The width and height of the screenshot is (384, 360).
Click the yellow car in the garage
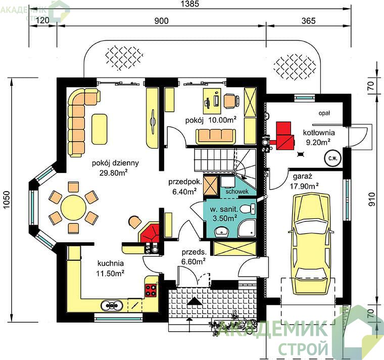pos(311,244)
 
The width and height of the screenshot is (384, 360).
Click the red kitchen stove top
pos(151,290)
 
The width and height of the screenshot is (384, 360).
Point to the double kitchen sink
pos(112,305)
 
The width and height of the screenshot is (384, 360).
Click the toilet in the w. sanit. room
pos(248,209)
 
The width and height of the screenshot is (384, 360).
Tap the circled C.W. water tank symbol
pos(333,158)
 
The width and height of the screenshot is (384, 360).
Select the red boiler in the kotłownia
pos(285,136)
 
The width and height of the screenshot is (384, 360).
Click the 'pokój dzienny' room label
pos(115,163)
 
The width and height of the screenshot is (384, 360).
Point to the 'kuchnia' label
pos(111,263)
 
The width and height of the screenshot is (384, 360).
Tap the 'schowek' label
pos(237,192)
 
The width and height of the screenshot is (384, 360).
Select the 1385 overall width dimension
pos(190,4)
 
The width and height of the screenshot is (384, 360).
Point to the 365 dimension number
pos(309,21)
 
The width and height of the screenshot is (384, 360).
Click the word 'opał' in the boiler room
pos(324,113)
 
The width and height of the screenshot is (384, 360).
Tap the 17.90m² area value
pos(304,186)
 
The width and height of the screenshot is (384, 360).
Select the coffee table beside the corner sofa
pos(99,129)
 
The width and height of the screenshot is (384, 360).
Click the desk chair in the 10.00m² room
pos(231,101)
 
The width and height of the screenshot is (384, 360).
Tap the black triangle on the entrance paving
pos(195,301)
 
